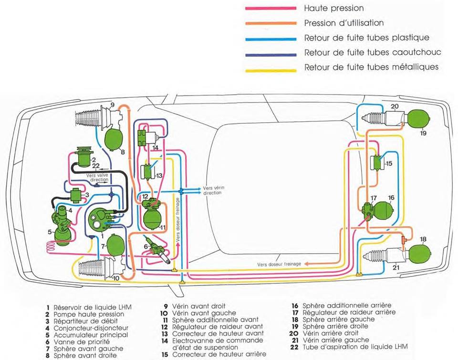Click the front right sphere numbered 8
tap(114, 138)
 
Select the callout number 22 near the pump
tap(96, 166)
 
